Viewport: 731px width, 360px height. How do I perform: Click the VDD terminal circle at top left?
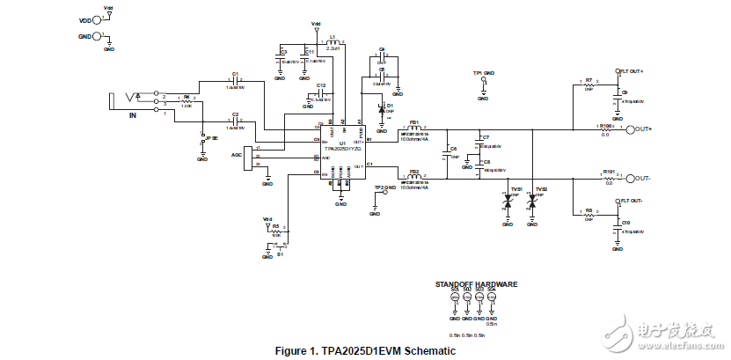[x=99, y=19]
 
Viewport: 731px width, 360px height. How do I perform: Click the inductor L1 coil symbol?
[x=333, y=41]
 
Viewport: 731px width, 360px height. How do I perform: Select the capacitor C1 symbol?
[x=235, y=81]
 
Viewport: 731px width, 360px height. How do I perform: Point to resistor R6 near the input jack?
[x=186, y=101]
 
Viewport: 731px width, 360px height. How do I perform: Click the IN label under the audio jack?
[x=134, y=115]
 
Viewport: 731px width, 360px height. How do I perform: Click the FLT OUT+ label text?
[x=632, y=70]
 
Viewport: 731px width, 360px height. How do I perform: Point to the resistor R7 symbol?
[x=588, y=84]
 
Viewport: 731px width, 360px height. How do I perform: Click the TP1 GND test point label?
[x=484, y=72]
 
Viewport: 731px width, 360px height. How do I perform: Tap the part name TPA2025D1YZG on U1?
[x=341, y=149]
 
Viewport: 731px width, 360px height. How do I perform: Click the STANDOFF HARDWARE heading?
[x=476, y=284]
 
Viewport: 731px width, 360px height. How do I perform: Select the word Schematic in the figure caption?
[x=430, y=351]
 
